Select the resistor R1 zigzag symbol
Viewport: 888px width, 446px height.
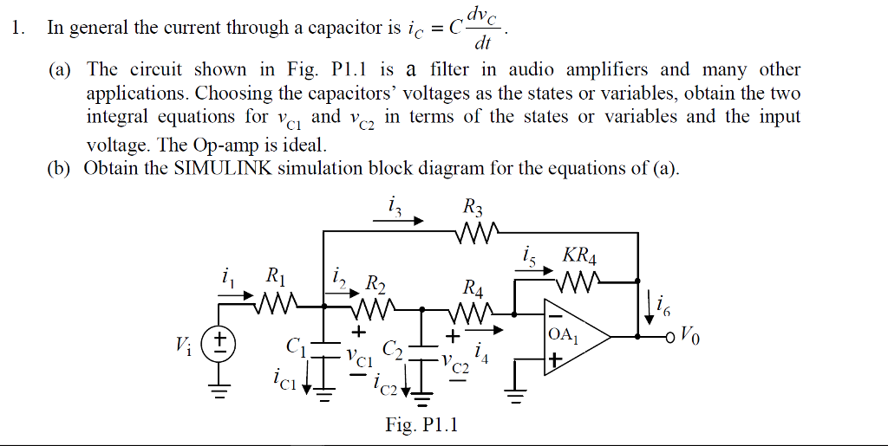(277, 304)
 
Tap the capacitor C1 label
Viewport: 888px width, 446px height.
(295, 348)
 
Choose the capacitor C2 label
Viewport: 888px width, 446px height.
(393, 351)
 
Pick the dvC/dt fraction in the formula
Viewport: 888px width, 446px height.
(484, 27)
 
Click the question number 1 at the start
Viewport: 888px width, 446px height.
(16, 28)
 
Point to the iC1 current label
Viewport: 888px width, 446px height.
(284, 378)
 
